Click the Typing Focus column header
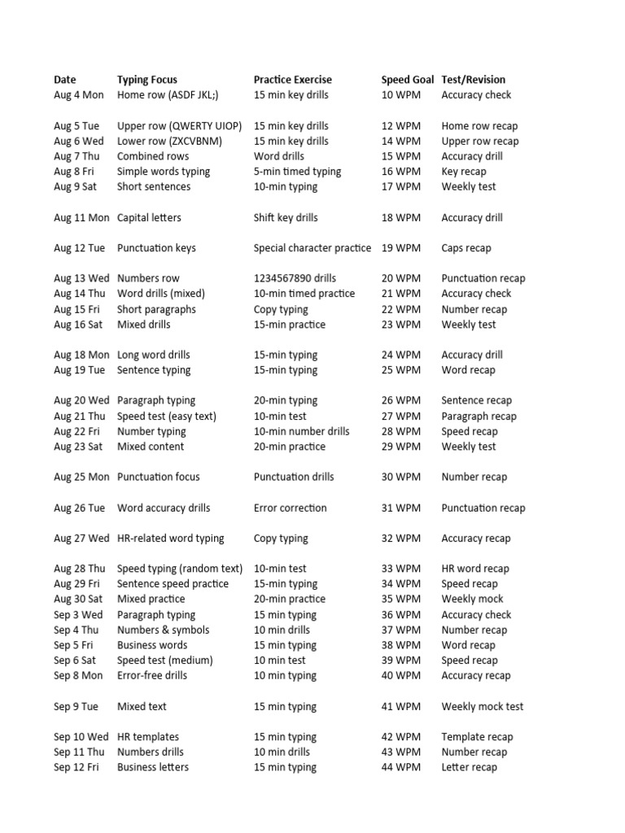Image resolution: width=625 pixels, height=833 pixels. click(146, 80)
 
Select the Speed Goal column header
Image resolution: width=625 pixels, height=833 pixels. click(407, 80)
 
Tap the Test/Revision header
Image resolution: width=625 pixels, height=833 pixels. click(473, 80)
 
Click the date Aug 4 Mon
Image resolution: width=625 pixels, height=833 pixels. click(79, 95)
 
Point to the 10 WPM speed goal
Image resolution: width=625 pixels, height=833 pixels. click(401, 95)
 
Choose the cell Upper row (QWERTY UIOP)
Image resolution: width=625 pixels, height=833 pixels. click(179, 126)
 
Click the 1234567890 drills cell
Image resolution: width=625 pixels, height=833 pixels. click(295, 278)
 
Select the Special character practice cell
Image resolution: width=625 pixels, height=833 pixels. click(312, 248)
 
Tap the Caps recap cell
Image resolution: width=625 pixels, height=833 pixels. click(466, 248)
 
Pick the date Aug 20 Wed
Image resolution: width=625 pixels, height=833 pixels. click(81, 400)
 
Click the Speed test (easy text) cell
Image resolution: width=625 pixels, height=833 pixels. click(167, 416)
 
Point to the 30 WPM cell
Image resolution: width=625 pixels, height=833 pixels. click(401, 477)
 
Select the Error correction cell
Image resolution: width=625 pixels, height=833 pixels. click(290, 508)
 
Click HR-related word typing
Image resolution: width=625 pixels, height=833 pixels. click(171, 539)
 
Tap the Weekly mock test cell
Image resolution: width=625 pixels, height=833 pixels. click(483, 706)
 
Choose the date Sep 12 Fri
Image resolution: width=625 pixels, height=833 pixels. click(76, 767)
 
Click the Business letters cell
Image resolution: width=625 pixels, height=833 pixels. click(153, 767)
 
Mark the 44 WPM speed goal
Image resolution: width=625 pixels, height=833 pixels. click(401, 767)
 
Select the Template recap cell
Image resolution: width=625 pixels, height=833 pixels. click(477, 737)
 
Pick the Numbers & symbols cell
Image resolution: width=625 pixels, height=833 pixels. click(163, 630)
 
